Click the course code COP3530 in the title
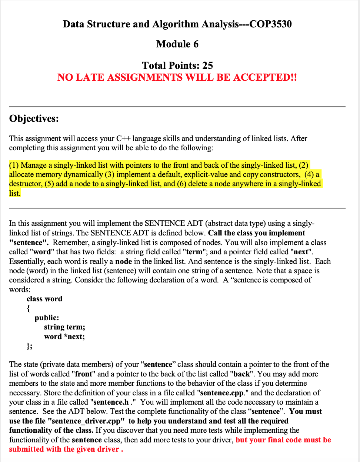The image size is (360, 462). (x=270, y=24)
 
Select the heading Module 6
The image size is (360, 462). (x=177, y=44)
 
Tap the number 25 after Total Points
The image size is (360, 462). (x=207, y=66)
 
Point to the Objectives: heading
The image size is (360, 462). (x=34, y=118)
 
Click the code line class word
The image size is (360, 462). (x=44, y=299)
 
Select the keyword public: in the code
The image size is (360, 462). (x=47, y=318)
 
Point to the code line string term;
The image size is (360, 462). (x=64, y=327)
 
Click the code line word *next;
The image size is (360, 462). (x=64, y=337)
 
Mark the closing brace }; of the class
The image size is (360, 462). (x=29, y=346)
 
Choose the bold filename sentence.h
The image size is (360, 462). (x=111, y=402)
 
